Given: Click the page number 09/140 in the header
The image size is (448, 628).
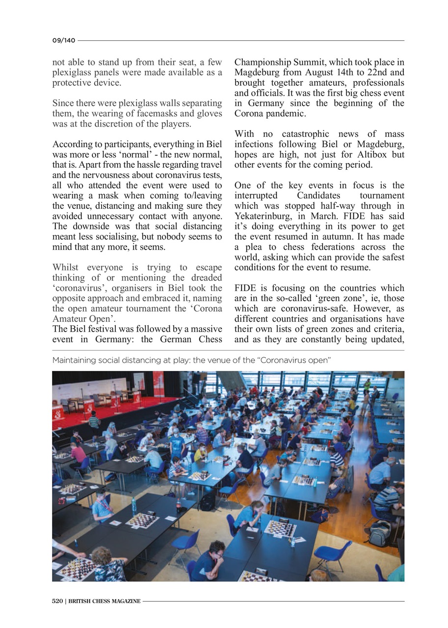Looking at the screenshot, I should click(x=64, y=41).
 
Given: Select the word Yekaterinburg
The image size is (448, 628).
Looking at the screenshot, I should click(x=262, y=216).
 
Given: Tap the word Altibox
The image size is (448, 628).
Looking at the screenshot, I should click(x=378, y=155).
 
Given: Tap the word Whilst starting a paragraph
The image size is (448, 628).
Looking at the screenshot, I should click(x=66, y=268).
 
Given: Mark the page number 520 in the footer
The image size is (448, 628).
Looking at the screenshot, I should click(x=58, y=601).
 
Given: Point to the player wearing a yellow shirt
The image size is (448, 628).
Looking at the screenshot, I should click(x=200, y=452).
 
